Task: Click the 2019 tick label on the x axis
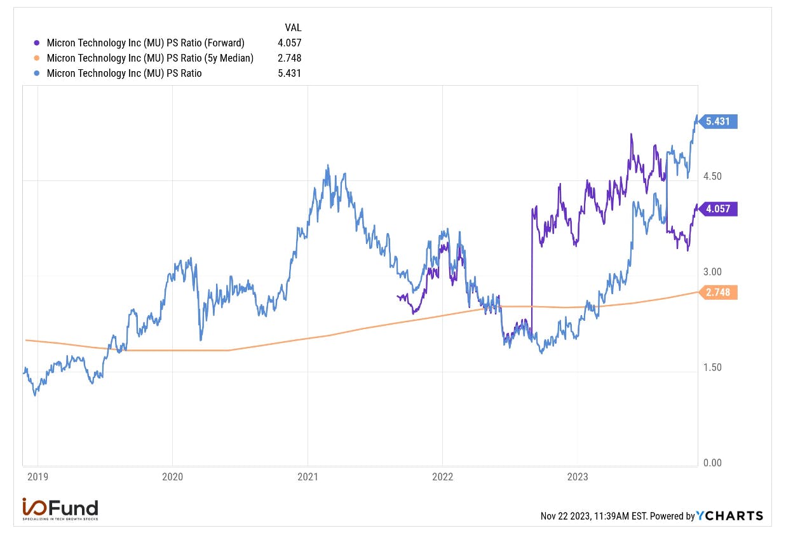click(37, 477)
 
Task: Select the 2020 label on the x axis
click(172, 477)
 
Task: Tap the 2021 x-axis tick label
click(308, 477)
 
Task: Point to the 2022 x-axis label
click(442, 477)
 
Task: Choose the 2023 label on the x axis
click(578, 477)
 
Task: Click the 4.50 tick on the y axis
click(712, 176)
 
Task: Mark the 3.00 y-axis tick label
click(712, 272)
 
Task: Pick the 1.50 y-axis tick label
click(712, 367)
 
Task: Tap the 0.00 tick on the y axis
click(712, 462)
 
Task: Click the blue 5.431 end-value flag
click(717, 121)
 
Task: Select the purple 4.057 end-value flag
click(717, 209)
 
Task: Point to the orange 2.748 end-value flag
click(717, 292)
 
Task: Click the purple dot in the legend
click(36, 43)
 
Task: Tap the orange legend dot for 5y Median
click(36, 58)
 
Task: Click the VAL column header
click(293, 27)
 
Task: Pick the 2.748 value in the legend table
click(290, 58)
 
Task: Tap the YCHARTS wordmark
click(729, 515)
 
